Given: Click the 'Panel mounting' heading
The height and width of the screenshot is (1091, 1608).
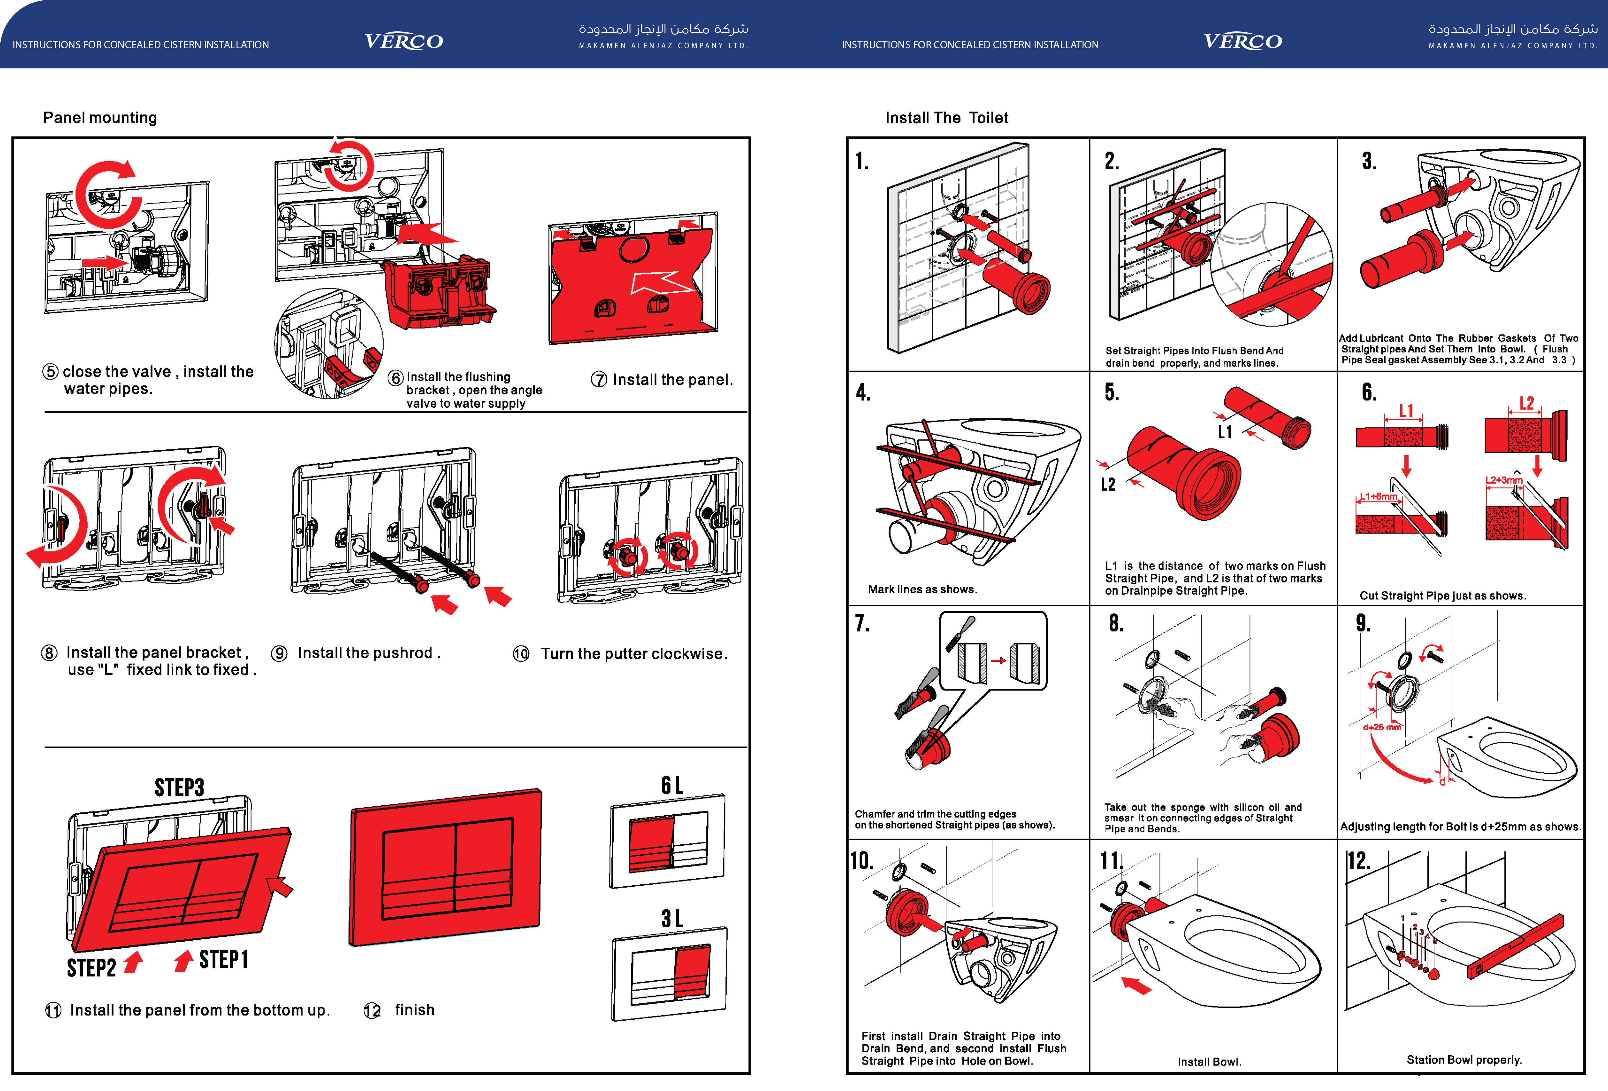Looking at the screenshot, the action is pyautogui.click(x=100, y=118).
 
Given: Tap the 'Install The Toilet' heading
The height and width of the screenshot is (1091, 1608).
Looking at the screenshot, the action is pyautogui.click(x=946, y=118).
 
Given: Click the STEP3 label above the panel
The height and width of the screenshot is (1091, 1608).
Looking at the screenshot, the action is pyautogui.click(x=179, y=787).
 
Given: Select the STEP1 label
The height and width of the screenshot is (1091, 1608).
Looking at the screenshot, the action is pyautogui.click(x=223, y=960).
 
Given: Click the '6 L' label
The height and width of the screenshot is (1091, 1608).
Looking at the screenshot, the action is pyautogui.click(x=672, y=785).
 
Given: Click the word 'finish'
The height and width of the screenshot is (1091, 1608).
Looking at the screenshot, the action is pyautogui.click(x=415, y=1010).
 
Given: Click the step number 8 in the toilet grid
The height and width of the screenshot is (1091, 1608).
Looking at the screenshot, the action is pyautogui.click(x=1116, y=623).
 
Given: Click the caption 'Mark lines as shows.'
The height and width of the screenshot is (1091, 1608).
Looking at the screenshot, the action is pyautogui.click(x=922, y=589).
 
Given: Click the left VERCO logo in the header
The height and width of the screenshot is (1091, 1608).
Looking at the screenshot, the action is pyautogui.click(x=404, y=42).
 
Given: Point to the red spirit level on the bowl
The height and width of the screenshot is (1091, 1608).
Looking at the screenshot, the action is pyautogui.click(x=1515, y=946).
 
